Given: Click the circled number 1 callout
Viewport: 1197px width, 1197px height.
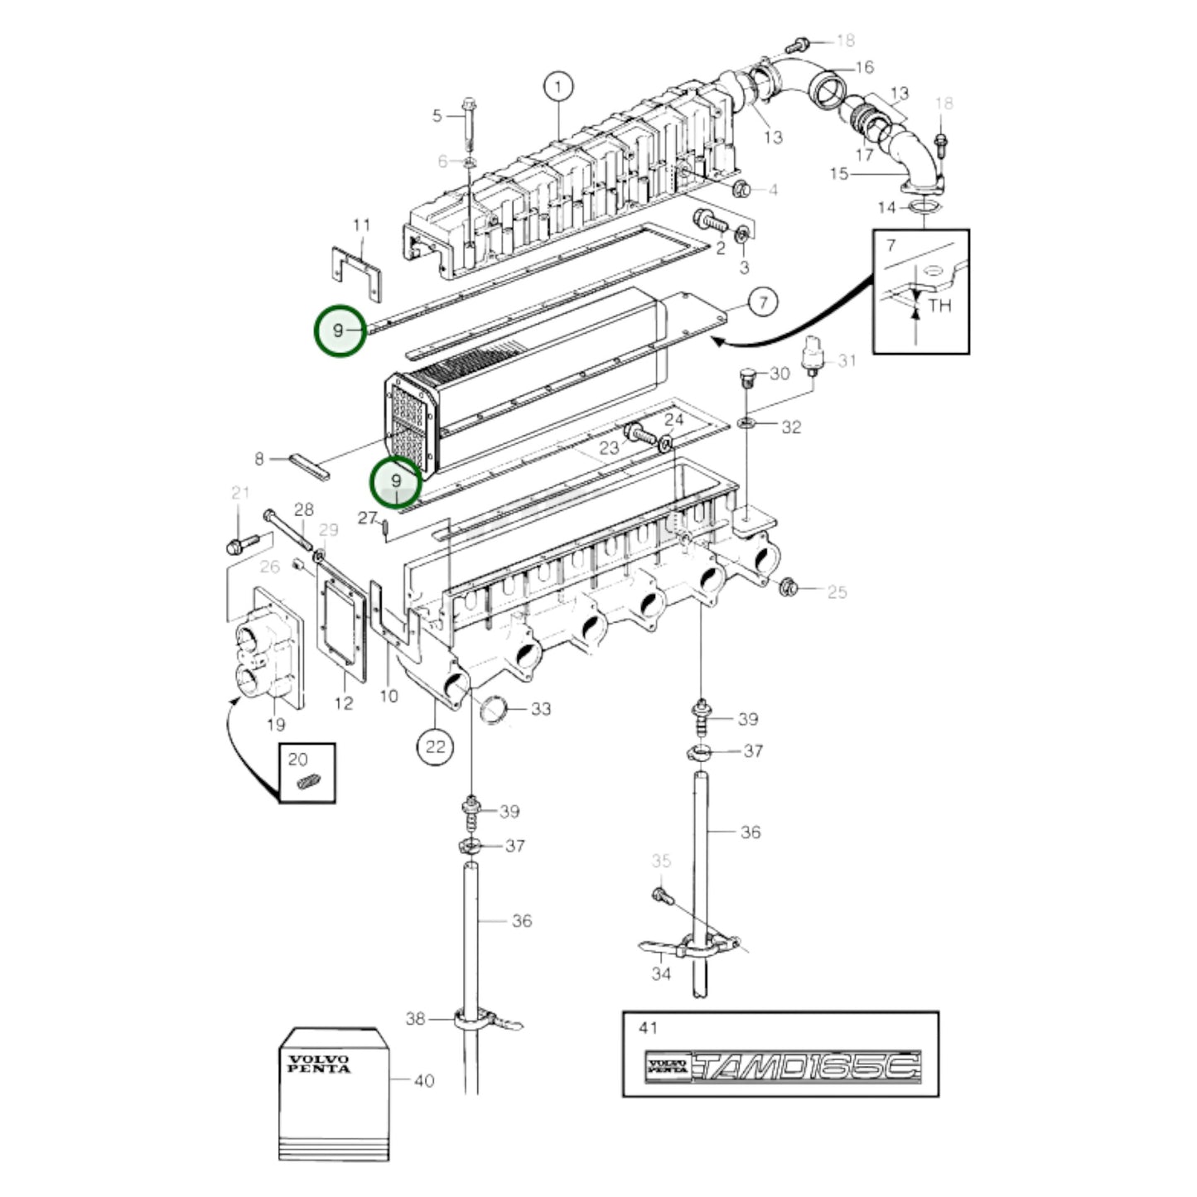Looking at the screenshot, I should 558,86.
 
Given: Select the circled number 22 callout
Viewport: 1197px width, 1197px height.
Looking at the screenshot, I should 435,746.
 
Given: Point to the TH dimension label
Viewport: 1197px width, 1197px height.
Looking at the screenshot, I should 939,306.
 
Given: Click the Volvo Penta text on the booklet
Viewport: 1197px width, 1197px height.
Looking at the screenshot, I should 319,1064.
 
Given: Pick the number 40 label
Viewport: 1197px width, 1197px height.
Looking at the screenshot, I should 423,1080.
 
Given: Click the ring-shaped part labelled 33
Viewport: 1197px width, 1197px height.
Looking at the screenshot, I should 495,710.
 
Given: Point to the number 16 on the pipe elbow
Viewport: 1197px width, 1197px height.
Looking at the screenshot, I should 864,67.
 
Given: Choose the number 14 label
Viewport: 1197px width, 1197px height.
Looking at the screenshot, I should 887,207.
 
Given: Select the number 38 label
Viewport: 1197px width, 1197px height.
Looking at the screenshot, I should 415,1018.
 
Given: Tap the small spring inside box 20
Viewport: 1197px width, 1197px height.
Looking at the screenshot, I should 307,782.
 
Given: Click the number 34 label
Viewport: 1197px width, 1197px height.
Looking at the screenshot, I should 660,974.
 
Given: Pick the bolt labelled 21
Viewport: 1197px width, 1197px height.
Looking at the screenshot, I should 238,545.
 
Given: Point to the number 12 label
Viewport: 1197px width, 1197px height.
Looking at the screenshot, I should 343,702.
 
